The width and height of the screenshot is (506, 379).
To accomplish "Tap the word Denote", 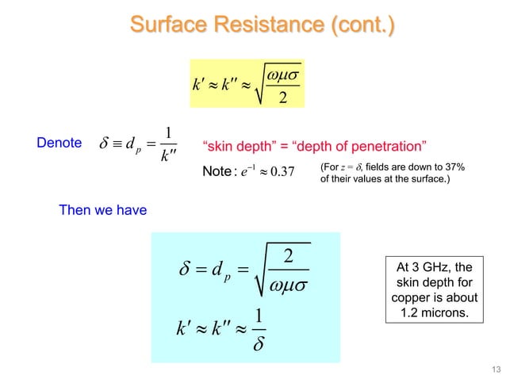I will [59, 144].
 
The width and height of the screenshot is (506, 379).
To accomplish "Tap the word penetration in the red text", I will [389, 146].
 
